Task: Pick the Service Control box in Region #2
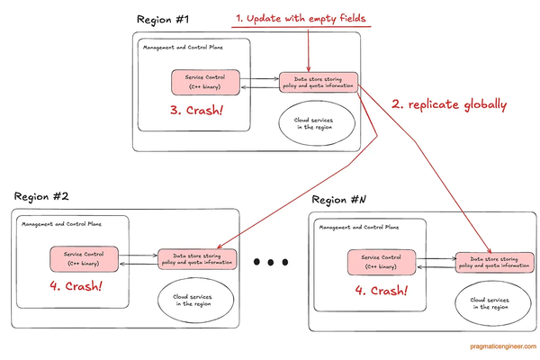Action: pyautogui.click(x=85, y=258)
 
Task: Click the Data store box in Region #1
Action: pyautogui.click(x=319, y=82)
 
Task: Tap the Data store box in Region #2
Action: pyautogui.click(x=197, y=258)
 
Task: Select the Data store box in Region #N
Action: pyautogui.click(x=492, y=263)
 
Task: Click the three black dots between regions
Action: pyautogui.click(x=270, y=262)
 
